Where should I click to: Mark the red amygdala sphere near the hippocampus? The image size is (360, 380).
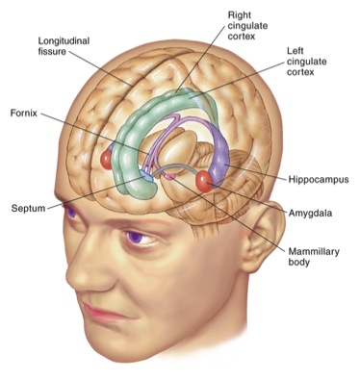(205, 179)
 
